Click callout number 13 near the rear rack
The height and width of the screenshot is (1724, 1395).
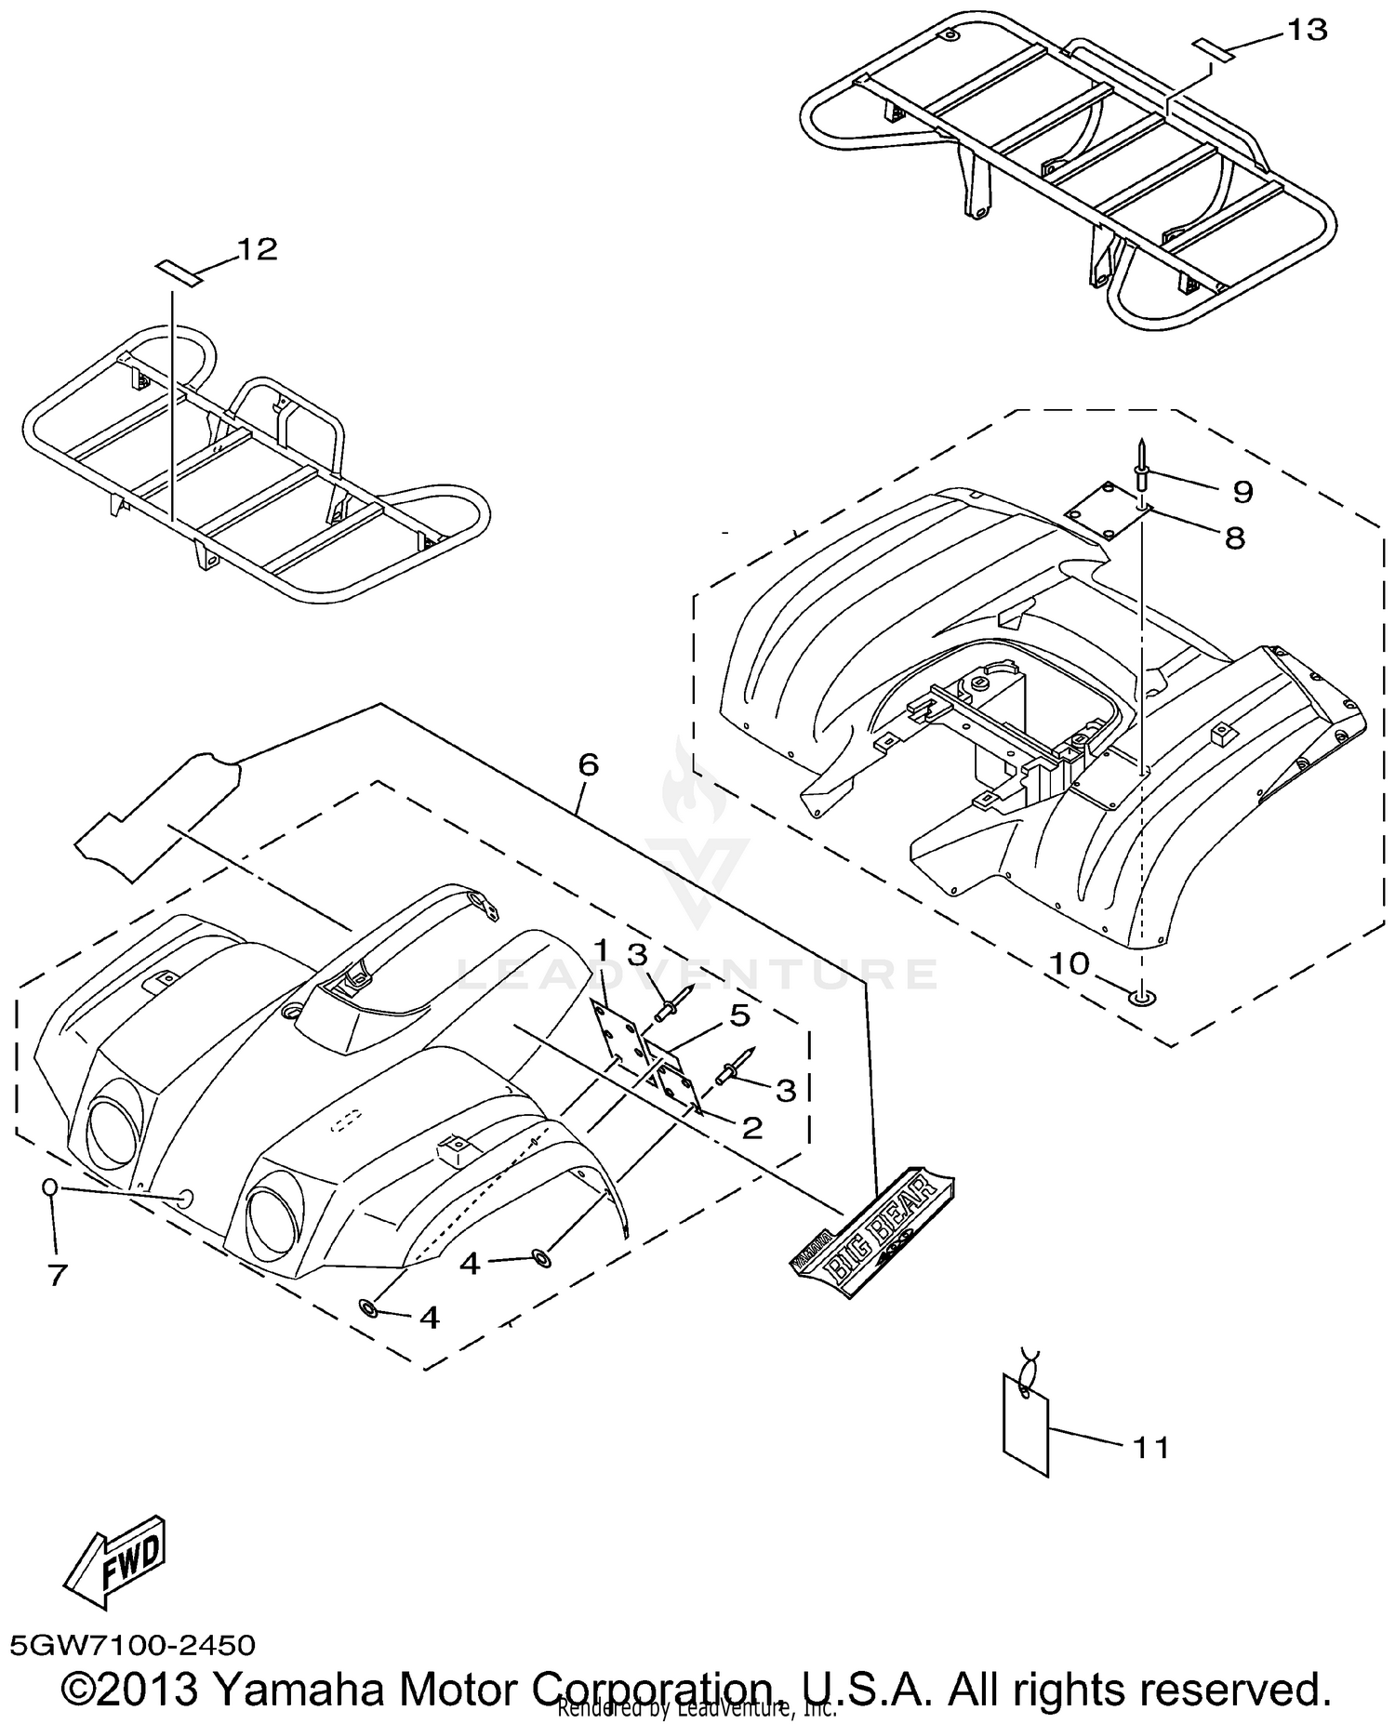pos(1308,31)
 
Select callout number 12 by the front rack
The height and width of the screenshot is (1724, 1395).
pos(258,249)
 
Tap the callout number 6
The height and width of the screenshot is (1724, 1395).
pos(588,764)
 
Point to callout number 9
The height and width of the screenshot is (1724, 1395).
pos(1242,491)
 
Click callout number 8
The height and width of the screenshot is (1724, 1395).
pos(1235,537)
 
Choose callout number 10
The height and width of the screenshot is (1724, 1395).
pos(1069,963)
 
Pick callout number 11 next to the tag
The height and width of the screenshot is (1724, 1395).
pos(1150,1448)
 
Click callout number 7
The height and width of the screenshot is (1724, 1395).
pos(58,1275)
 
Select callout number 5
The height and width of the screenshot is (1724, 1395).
pos(739,1015)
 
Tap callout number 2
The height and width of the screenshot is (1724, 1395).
pos(751,1127)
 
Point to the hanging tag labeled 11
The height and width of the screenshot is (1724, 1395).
pos(1026,1425)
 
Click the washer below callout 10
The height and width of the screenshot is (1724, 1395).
pos(1141,997)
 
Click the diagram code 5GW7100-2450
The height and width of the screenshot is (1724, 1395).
pos(132,1645)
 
